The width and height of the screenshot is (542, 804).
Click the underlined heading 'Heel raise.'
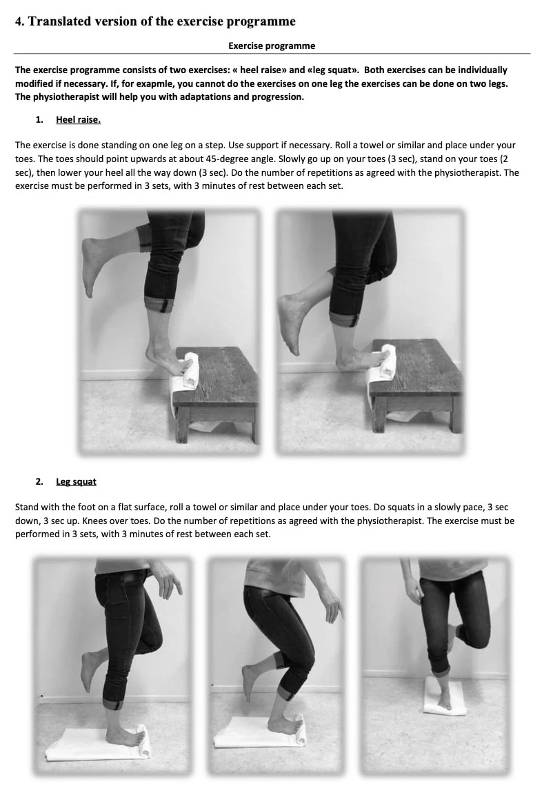pyautogui.click(x=78, y=119)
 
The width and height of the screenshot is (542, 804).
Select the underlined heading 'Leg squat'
pyautogui.click(x=76, y=481)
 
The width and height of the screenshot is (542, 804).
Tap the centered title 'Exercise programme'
pyautogui.click(x=272, y=46)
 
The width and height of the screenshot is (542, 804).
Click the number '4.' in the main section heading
pyautogui.click(x=19, y=21)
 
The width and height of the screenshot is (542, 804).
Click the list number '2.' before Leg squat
pyautogui.click(x=39, y=481)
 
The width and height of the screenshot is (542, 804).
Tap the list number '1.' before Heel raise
pyautogui.click(x=39, y=119)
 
